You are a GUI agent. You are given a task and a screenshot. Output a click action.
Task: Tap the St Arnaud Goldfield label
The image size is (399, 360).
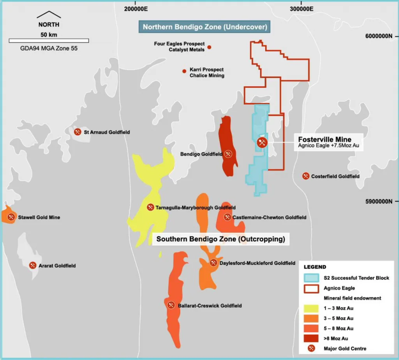[x=107, y=132]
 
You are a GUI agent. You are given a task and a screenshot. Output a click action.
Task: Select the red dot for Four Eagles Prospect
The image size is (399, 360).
[x=209, y=47]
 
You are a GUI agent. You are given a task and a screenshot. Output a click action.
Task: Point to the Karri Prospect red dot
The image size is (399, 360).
[x=184, y=71]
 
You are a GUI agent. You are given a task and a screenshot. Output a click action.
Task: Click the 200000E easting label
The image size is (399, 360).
[x=136, y=8]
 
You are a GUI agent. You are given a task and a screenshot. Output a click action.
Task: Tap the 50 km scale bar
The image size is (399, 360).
[x=49, y=41]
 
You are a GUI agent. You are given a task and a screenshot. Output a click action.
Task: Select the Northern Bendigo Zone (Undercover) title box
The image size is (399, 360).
[x=205, y=27]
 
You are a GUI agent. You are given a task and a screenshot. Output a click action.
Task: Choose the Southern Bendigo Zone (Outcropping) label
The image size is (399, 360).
[x=221, y=239]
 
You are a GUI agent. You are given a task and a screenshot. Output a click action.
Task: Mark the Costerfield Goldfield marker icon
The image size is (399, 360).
[x=306, y=176]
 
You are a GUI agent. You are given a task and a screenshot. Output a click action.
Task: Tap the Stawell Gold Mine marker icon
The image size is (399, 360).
[x=11, y=217]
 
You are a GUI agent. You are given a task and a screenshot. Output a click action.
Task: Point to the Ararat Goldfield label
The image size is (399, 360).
[x=57, y=266]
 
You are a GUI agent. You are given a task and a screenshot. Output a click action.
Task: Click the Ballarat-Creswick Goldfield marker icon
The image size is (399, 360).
[x=171, y=305]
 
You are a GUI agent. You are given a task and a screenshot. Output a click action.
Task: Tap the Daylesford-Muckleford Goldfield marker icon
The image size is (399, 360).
[x=214, y=263]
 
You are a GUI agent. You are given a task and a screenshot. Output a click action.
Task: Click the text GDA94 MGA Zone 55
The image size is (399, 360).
[x=49, y=49]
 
